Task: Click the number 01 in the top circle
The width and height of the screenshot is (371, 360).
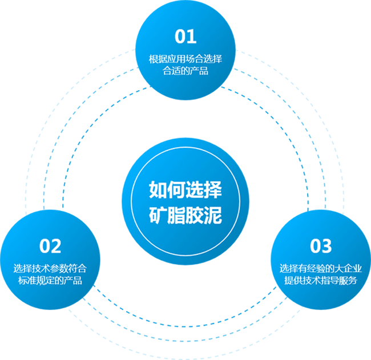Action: click(x=185, y=37)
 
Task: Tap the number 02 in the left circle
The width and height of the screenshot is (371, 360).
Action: click(x=50, y=246)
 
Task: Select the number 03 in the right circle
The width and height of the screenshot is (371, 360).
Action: click(x=320, y=246)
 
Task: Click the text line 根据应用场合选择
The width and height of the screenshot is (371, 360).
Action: click(x=185, y=59)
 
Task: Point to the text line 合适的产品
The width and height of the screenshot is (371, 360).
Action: click(x=185, y=71)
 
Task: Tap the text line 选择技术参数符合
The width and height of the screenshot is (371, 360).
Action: click(x=50, y=268)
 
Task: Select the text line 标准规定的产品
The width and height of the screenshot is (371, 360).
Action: click(x=50, y=281)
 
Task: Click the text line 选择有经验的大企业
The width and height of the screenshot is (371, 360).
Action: click(x=320, y=268)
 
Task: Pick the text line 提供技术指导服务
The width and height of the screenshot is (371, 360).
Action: click(x=320, y=281)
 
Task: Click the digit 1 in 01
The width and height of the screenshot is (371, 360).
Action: click(x=192, y=37)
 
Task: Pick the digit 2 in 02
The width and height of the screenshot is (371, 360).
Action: click(x=56, y=246)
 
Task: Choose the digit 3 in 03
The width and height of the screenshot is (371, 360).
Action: click(x=326, y=246)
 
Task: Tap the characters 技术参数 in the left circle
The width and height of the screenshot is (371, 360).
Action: click(x=50, y=268)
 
